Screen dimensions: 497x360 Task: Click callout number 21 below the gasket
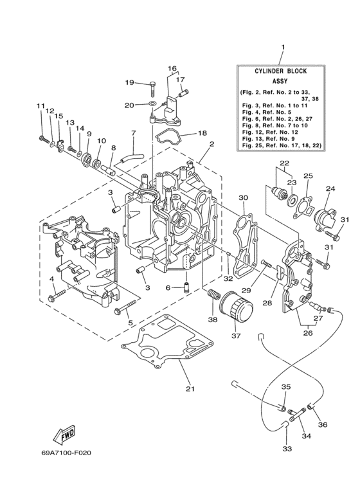click(189, 388)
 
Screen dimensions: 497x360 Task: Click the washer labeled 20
click(150, 104)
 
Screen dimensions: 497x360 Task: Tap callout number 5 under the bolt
click(132, 322)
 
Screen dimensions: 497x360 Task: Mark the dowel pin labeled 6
click(184, 287)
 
